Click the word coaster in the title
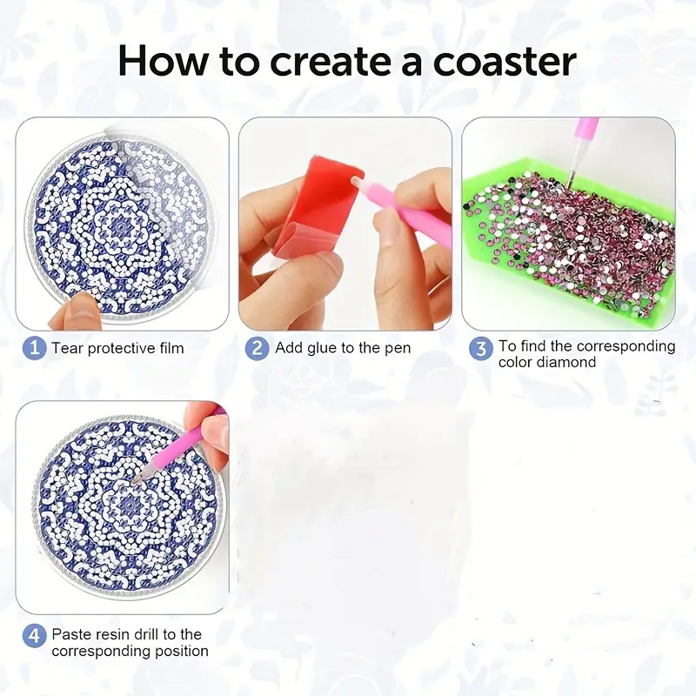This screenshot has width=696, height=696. click(505, 61)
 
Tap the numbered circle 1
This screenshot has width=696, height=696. click(34, 348)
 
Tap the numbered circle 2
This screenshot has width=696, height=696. click(257, 348)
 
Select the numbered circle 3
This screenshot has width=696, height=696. click(481, 349)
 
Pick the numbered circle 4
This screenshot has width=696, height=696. click(34, 636)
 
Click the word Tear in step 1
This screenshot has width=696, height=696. click(68, 348)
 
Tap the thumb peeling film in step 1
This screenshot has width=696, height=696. click(75, 312)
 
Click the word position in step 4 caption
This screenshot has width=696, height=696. click(182, 652)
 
